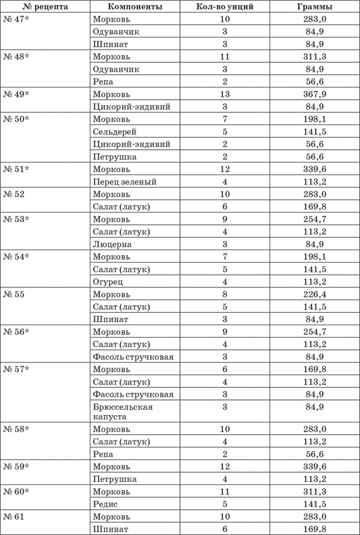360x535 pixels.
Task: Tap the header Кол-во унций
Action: coord(225,7)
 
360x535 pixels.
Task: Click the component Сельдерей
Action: coord(114,132)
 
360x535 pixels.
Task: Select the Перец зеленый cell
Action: coord(125,182)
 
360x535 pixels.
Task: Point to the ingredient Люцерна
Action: coord(112,244)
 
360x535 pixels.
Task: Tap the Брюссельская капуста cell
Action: coord(123,412)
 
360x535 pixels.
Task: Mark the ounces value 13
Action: coord(225,95)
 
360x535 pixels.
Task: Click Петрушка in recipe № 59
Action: coord(114,479)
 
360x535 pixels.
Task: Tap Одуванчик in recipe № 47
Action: coord(116,32)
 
